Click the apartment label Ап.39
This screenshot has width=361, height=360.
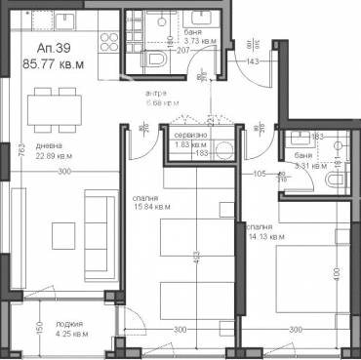(x=54, y=49)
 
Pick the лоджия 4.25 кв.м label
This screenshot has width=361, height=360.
(x=69, y=327)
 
